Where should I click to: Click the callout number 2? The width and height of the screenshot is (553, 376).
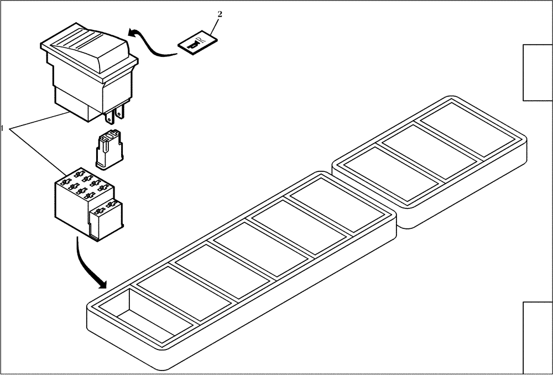pos(220,15)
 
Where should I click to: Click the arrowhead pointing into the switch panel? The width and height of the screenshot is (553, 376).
pos(101,284)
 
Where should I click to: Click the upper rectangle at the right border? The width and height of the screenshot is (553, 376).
pos(538,73)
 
